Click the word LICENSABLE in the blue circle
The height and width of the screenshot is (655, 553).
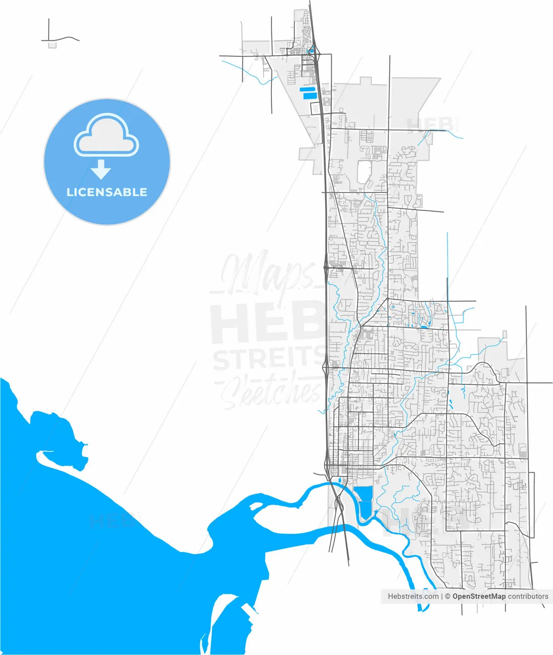107,192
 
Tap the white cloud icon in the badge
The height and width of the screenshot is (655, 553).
107,136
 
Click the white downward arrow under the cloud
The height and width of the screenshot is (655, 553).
101,169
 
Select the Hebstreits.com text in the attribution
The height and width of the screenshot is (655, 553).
413,596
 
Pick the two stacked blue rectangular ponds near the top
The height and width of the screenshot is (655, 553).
308,93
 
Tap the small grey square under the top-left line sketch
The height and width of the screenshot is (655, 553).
52,45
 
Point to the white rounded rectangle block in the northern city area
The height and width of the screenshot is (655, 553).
364,171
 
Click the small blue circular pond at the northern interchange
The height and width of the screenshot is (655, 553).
310,51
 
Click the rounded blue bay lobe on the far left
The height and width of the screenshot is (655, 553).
51,427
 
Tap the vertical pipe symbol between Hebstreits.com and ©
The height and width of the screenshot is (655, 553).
442,596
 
